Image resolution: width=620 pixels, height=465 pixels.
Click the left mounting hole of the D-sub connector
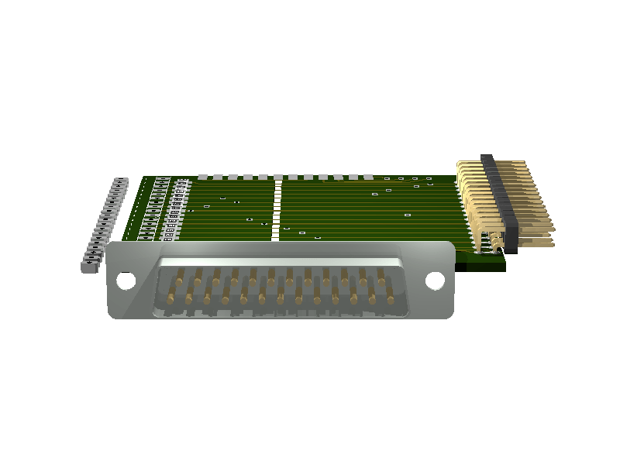coord(125,281)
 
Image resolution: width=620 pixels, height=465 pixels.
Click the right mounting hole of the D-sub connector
coord(436,281)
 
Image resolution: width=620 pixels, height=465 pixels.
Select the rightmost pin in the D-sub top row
coord(381,276)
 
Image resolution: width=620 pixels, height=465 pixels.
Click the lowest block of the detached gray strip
coord(87,266)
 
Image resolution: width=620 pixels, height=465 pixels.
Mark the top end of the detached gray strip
coord(120,181)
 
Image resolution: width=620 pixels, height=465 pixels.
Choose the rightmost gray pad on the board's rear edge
coord(369,177)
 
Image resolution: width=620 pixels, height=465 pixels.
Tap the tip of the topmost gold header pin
coord(519,164)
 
